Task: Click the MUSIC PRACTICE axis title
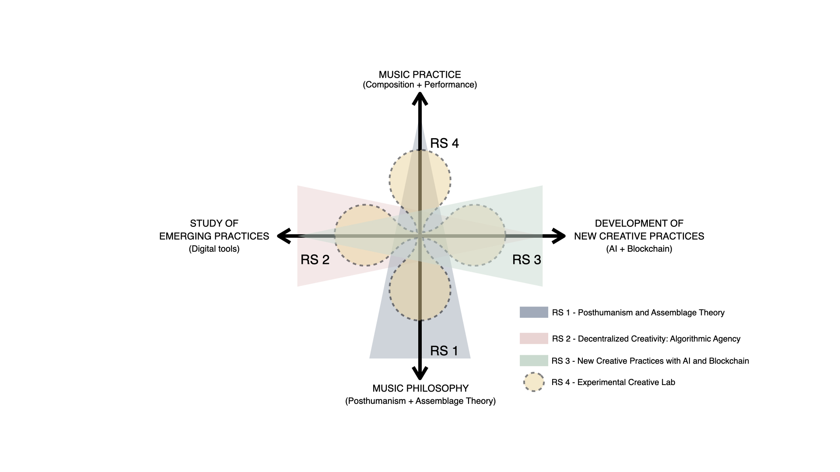pos(420,75)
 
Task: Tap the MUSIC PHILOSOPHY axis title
pos(420,388)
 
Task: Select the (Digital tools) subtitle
pos(214,249)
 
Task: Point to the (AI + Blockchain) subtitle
pos(639,249)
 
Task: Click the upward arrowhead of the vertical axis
pos(420,99)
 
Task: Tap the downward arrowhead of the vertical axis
pos(420,374)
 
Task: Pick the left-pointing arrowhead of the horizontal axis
pos(283,236)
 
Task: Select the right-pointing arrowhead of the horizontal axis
pos(559,236)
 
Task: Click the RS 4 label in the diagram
pos(444,143)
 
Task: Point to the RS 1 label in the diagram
pos(444,351)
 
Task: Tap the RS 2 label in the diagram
pos(315,260)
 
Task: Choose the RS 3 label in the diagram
pos(527,260)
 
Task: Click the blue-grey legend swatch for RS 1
pos(534,312)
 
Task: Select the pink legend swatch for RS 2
pos(534,338)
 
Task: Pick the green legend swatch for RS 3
pos(534,361)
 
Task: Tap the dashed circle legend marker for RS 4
pos(534,382)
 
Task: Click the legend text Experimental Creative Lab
pos(626,382)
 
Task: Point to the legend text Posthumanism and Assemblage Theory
pos(651,312)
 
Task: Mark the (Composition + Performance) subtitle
pos(420,85)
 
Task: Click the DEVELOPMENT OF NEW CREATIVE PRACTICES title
pos(639,230)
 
